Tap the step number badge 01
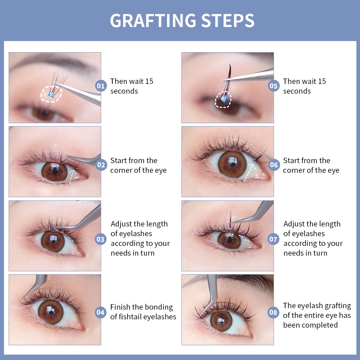tap(100, 86)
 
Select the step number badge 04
tap(100, 312)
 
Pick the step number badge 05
tap(274, 86)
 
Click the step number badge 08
tap(274, 312)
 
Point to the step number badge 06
tap(274, 165)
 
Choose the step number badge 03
tap(100, 239)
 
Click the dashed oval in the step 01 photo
tap(51, 94)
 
